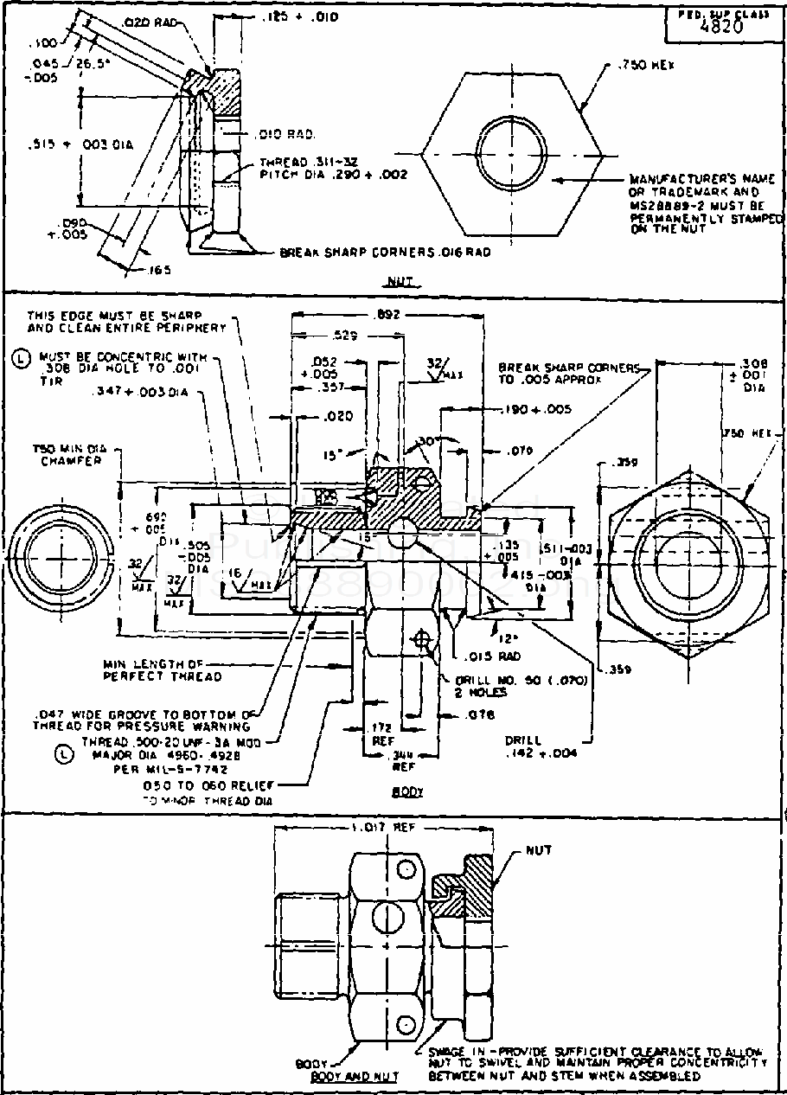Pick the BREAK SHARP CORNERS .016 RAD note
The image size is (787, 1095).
click(x=386, y=253)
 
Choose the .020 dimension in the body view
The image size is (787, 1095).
click(x=339, y=416)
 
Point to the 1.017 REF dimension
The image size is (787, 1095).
click(x=384, y=827)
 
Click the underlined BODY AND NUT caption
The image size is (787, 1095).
click(x=355, y=1077)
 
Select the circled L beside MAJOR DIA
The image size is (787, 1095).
click(x=61, y=755)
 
